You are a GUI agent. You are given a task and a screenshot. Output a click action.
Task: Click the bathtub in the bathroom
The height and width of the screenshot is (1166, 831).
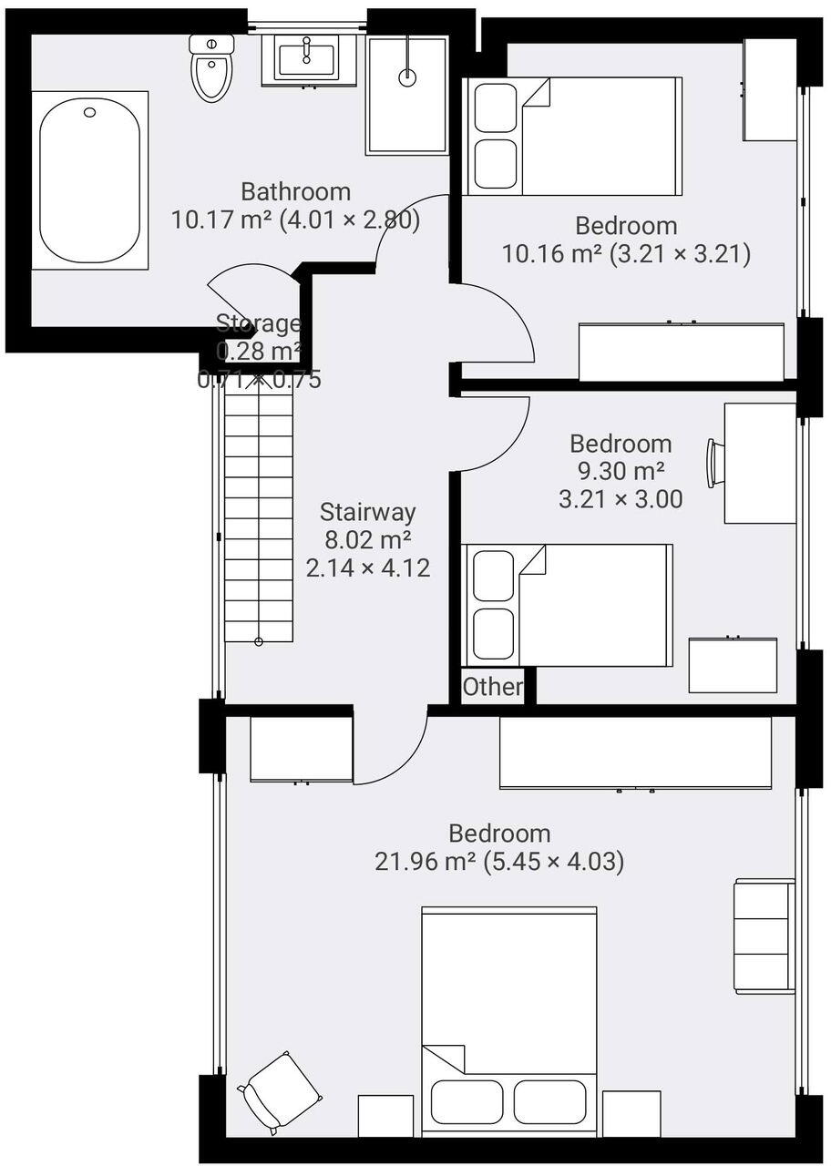point(89,179)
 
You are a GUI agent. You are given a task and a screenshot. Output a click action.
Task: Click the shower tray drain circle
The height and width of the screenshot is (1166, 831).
point(407,77)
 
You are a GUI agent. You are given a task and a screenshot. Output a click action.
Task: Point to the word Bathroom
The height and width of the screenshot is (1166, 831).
point(295,191)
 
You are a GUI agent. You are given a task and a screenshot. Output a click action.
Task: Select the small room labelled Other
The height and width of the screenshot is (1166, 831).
point(492,686)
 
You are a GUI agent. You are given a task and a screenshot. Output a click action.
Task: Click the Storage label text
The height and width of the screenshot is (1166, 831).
point(258,323)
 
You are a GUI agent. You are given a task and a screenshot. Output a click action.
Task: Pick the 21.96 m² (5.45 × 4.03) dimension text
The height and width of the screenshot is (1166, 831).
point(499,861)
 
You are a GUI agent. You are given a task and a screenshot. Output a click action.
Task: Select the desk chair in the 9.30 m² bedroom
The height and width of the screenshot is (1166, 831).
point(714,463)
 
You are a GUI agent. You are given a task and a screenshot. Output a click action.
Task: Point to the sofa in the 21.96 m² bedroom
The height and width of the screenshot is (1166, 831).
point(764,936)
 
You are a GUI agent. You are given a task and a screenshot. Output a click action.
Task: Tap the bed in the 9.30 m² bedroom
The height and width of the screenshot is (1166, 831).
point(569,605)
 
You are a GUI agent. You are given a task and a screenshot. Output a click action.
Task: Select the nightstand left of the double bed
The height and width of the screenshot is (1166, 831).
point(385,1115)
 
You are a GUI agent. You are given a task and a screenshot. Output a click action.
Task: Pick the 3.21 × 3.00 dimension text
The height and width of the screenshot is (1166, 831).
point(621,498)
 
